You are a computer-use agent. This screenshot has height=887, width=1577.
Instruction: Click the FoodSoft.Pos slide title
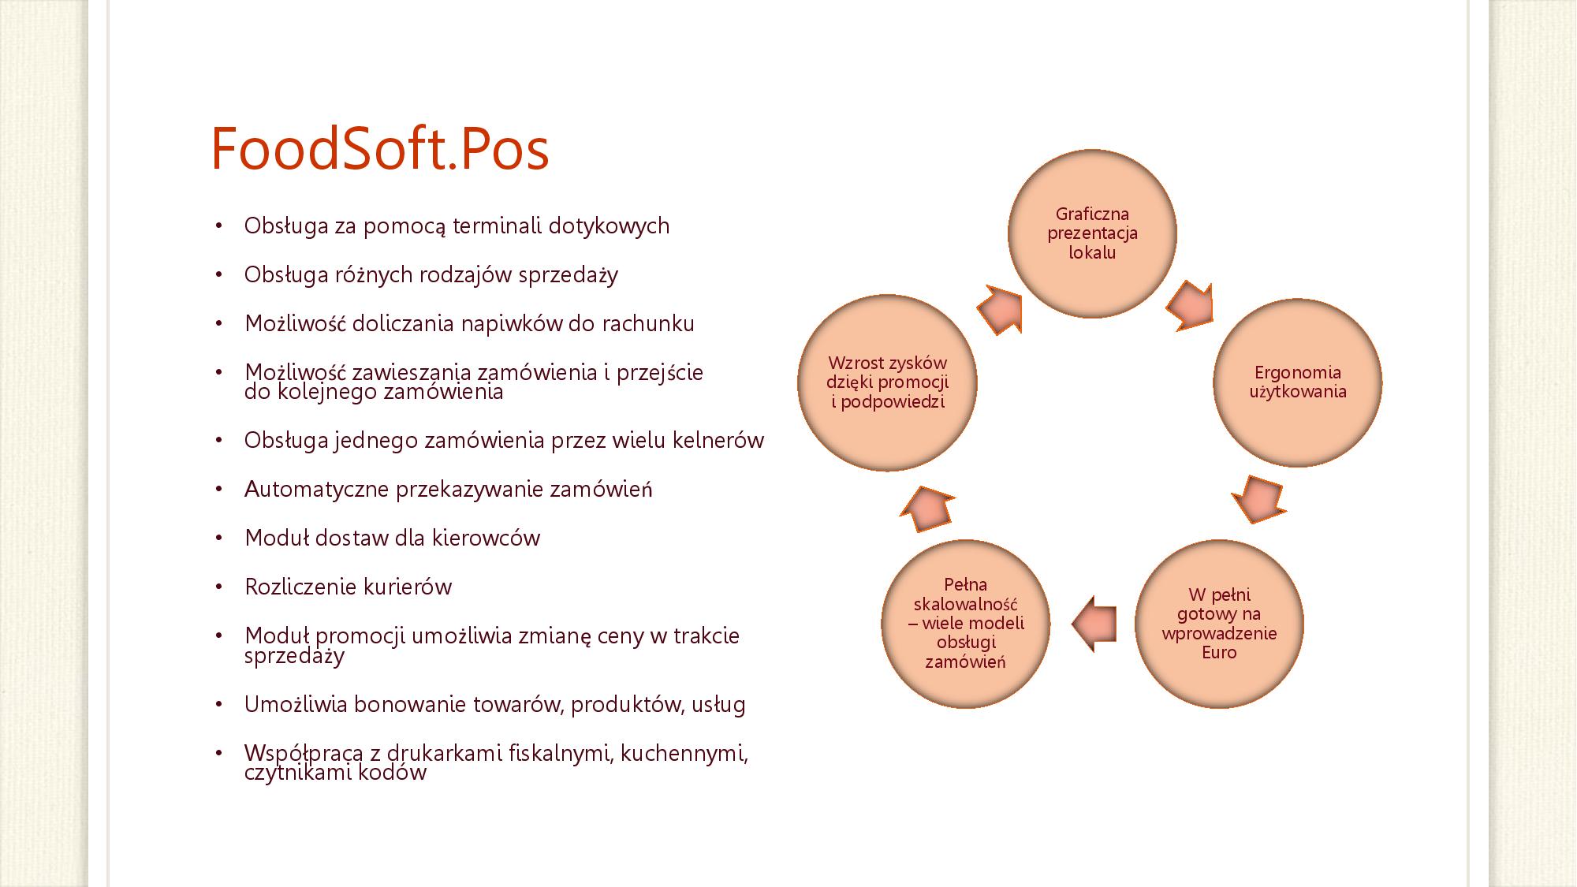coord(379,149)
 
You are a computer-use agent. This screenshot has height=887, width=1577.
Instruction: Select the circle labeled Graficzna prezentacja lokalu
coord(1092,233)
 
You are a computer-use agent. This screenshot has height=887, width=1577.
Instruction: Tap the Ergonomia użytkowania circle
coord(1298,382)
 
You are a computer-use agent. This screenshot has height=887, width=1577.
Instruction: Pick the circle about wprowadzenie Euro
coord(1219,624)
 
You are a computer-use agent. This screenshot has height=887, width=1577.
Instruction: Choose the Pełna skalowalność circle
coord(966,624)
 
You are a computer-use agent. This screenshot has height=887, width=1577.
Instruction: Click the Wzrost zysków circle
coord(887,382)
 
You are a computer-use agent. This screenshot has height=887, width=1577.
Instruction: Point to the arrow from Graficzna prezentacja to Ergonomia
coord(1190,305)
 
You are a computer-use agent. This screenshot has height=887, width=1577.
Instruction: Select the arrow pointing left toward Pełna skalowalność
coord(1094,624)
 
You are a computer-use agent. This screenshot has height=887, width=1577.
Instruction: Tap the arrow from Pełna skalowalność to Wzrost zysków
coord(927,506)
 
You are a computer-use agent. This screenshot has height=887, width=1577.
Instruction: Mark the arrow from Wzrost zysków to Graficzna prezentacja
coord(1000,309)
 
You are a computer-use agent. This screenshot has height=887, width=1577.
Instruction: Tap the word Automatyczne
coord(317,490)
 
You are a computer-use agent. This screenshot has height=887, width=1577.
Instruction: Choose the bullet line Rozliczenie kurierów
coord(349,587)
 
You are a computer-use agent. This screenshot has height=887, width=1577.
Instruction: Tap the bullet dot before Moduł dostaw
coord(219,539)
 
